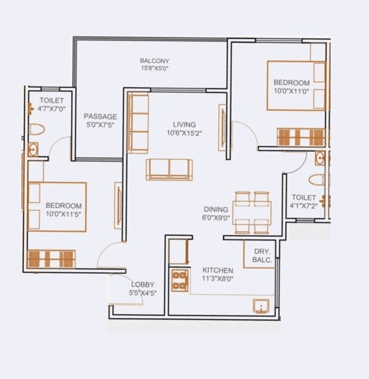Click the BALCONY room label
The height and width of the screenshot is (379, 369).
coord(154,61)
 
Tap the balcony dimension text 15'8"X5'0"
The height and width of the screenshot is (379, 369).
coord(154,69)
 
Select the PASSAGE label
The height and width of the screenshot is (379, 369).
coord(100,116)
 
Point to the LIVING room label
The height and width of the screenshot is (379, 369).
coord(184,125)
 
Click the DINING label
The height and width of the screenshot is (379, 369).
coord(216,209)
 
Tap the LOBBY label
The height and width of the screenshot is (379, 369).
coord(142,285)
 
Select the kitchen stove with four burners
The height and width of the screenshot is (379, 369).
coord(179,280)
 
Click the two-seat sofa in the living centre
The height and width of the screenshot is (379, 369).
coord(169,169)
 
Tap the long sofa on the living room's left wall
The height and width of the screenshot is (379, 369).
coord(137,123)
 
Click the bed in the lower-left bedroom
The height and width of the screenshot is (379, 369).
coord(57,207)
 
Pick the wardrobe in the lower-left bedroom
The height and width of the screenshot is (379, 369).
coord(52,258)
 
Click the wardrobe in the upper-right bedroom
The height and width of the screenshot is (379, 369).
coord(302,137)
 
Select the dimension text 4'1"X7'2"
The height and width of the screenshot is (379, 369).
coord(305,205)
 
